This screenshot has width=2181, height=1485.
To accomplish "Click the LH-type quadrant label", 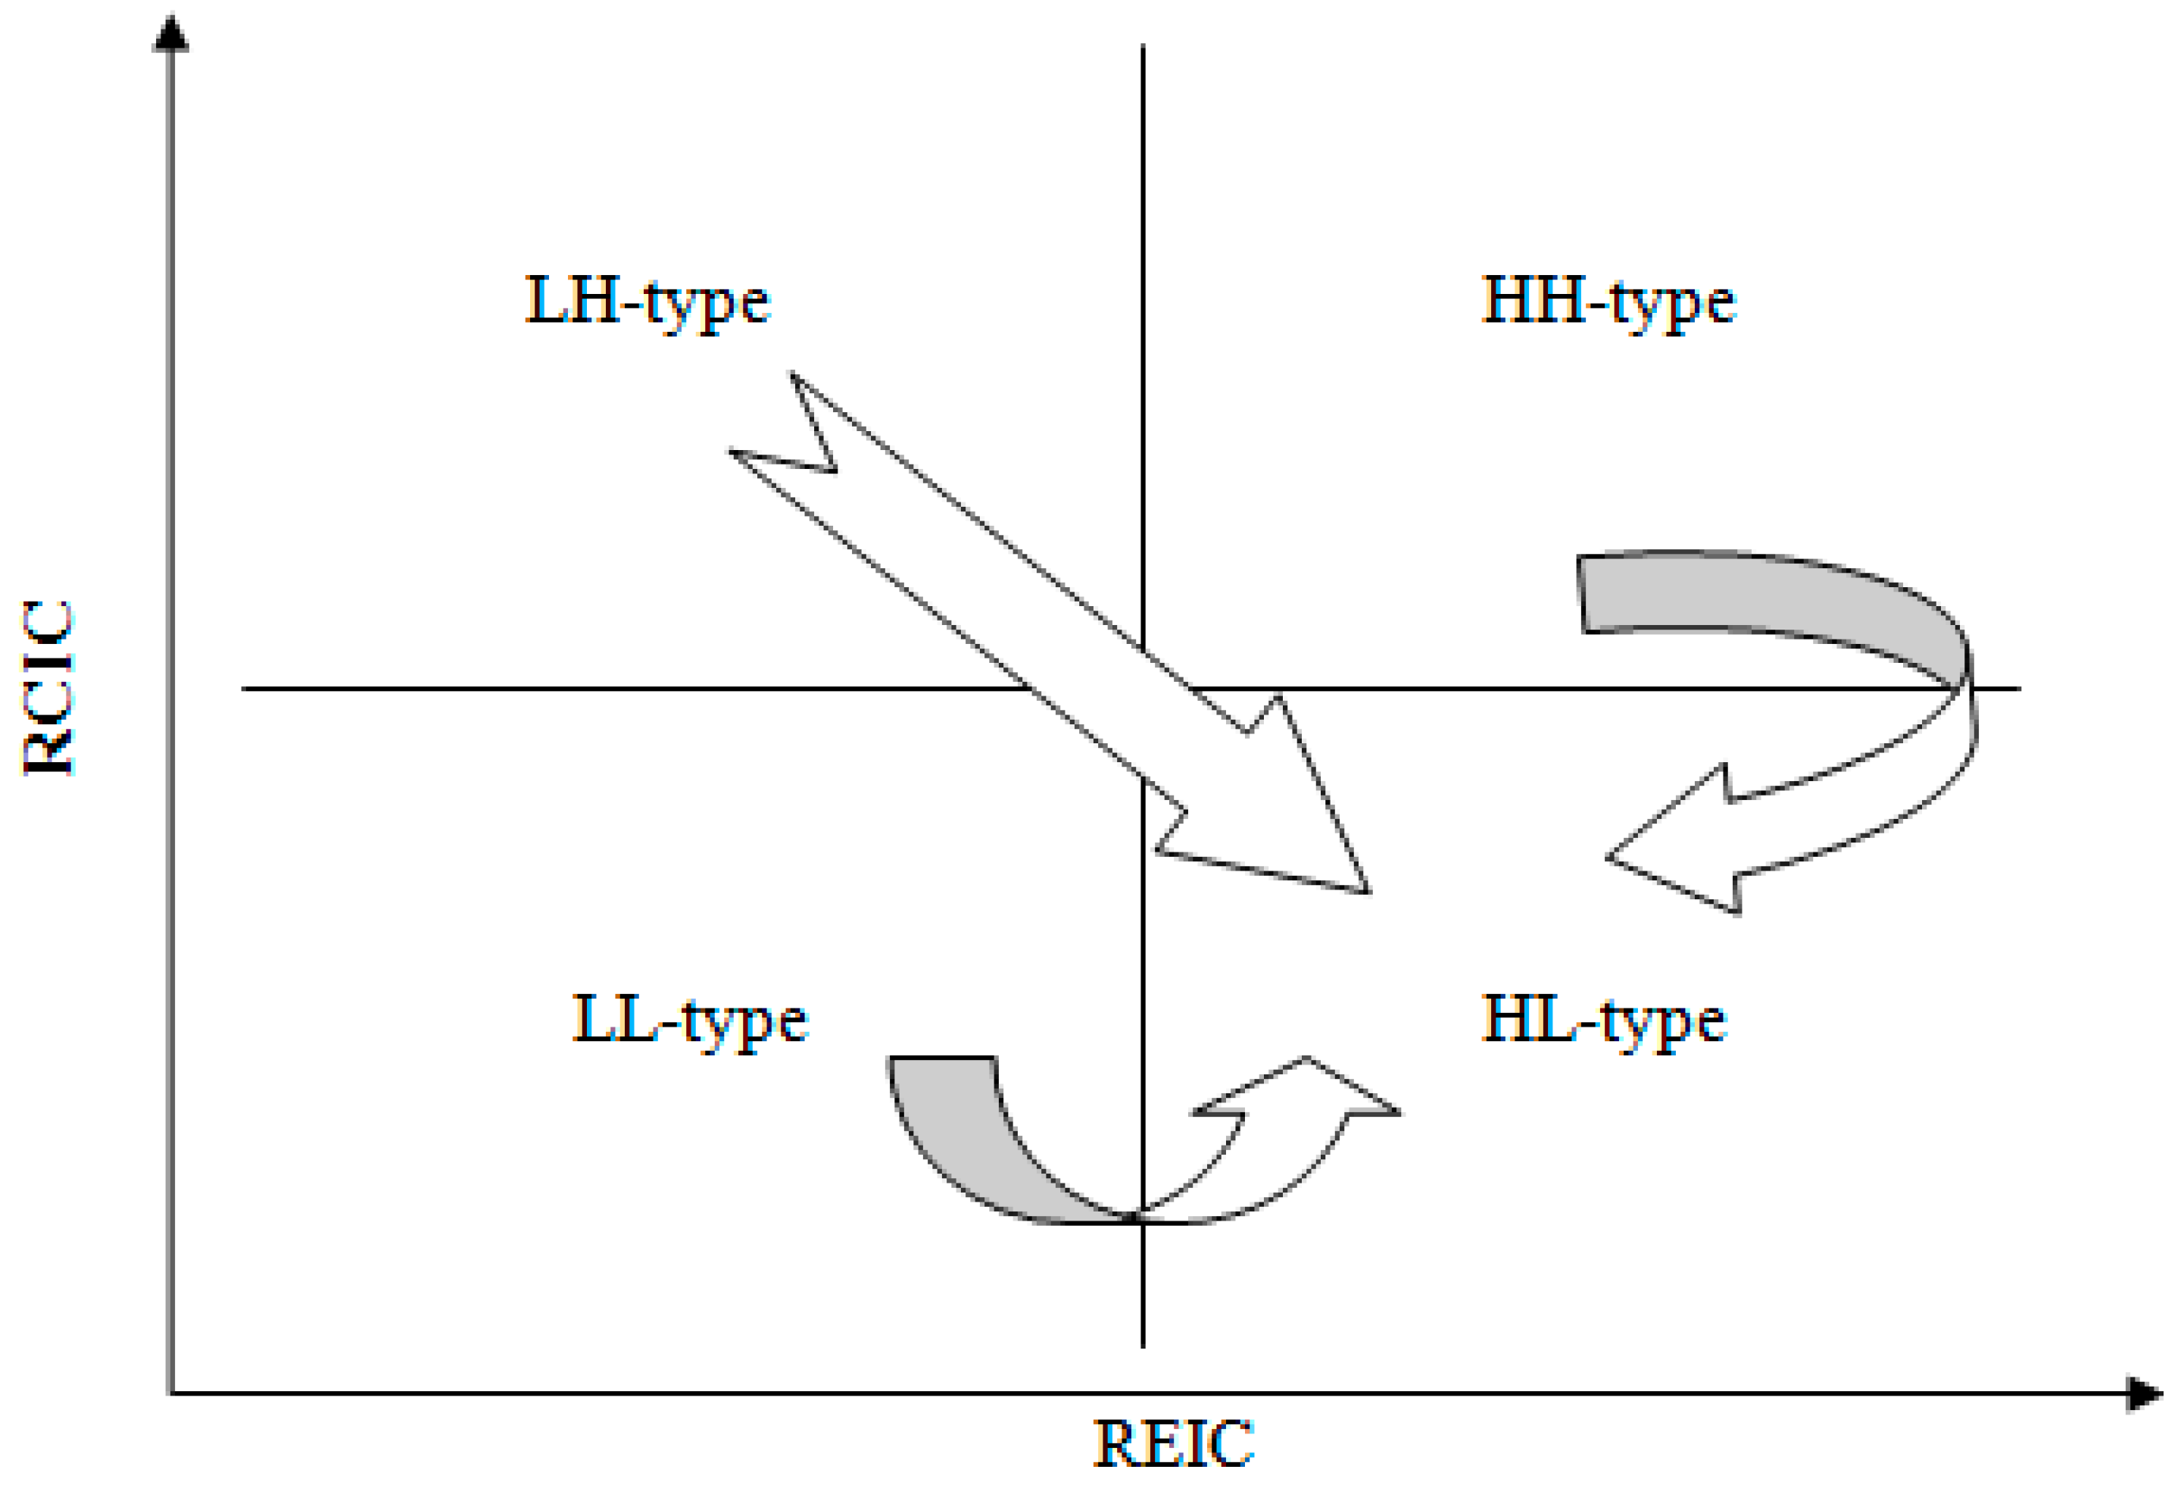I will click(647, 302).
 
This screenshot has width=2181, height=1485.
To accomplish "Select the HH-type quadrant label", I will click(1608, 302).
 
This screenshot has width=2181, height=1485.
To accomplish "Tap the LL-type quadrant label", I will click(690, 1021).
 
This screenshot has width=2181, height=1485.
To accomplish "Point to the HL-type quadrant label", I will click(1603, 1021).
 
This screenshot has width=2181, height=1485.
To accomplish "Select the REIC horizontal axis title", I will click(1173, 1443).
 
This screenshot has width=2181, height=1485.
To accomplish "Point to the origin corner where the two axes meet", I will click(171, 1393).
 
